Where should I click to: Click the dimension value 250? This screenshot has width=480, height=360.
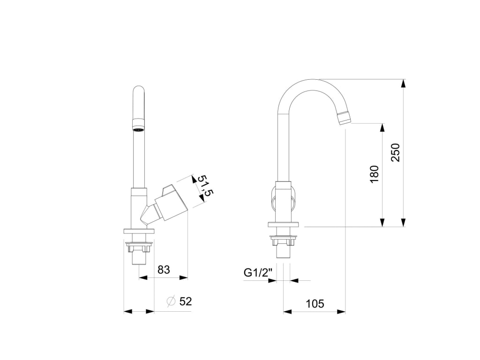click(x=396, y=153)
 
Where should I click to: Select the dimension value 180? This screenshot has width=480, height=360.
click(x=375, y=174)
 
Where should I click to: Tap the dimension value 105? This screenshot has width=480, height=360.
click(x=315, y=304)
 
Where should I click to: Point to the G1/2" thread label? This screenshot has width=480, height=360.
click(x=258, y=273)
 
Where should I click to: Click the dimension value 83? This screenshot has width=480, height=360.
click(x=164, y=270)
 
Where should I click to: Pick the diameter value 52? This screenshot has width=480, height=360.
click(x=186, y=301)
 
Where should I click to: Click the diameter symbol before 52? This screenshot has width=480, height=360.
click(x=171, y=301)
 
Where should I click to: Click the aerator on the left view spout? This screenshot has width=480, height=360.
click(x=139, y=125)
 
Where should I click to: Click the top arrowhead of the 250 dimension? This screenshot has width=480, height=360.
click(x=403, y=83)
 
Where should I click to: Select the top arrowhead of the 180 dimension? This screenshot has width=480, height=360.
click(x=382, y=127)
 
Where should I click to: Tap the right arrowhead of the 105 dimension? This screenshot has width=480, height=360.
click(x=342, y=311)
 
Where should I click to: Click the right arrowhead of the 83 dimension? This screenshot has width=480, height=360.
click(x=184, y=277)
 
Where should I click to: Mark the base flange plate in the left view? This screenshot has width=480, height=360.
click(x=139, y=231)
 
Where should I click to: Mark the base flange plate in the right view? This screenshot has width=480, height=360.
click(x=283, y=225)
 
